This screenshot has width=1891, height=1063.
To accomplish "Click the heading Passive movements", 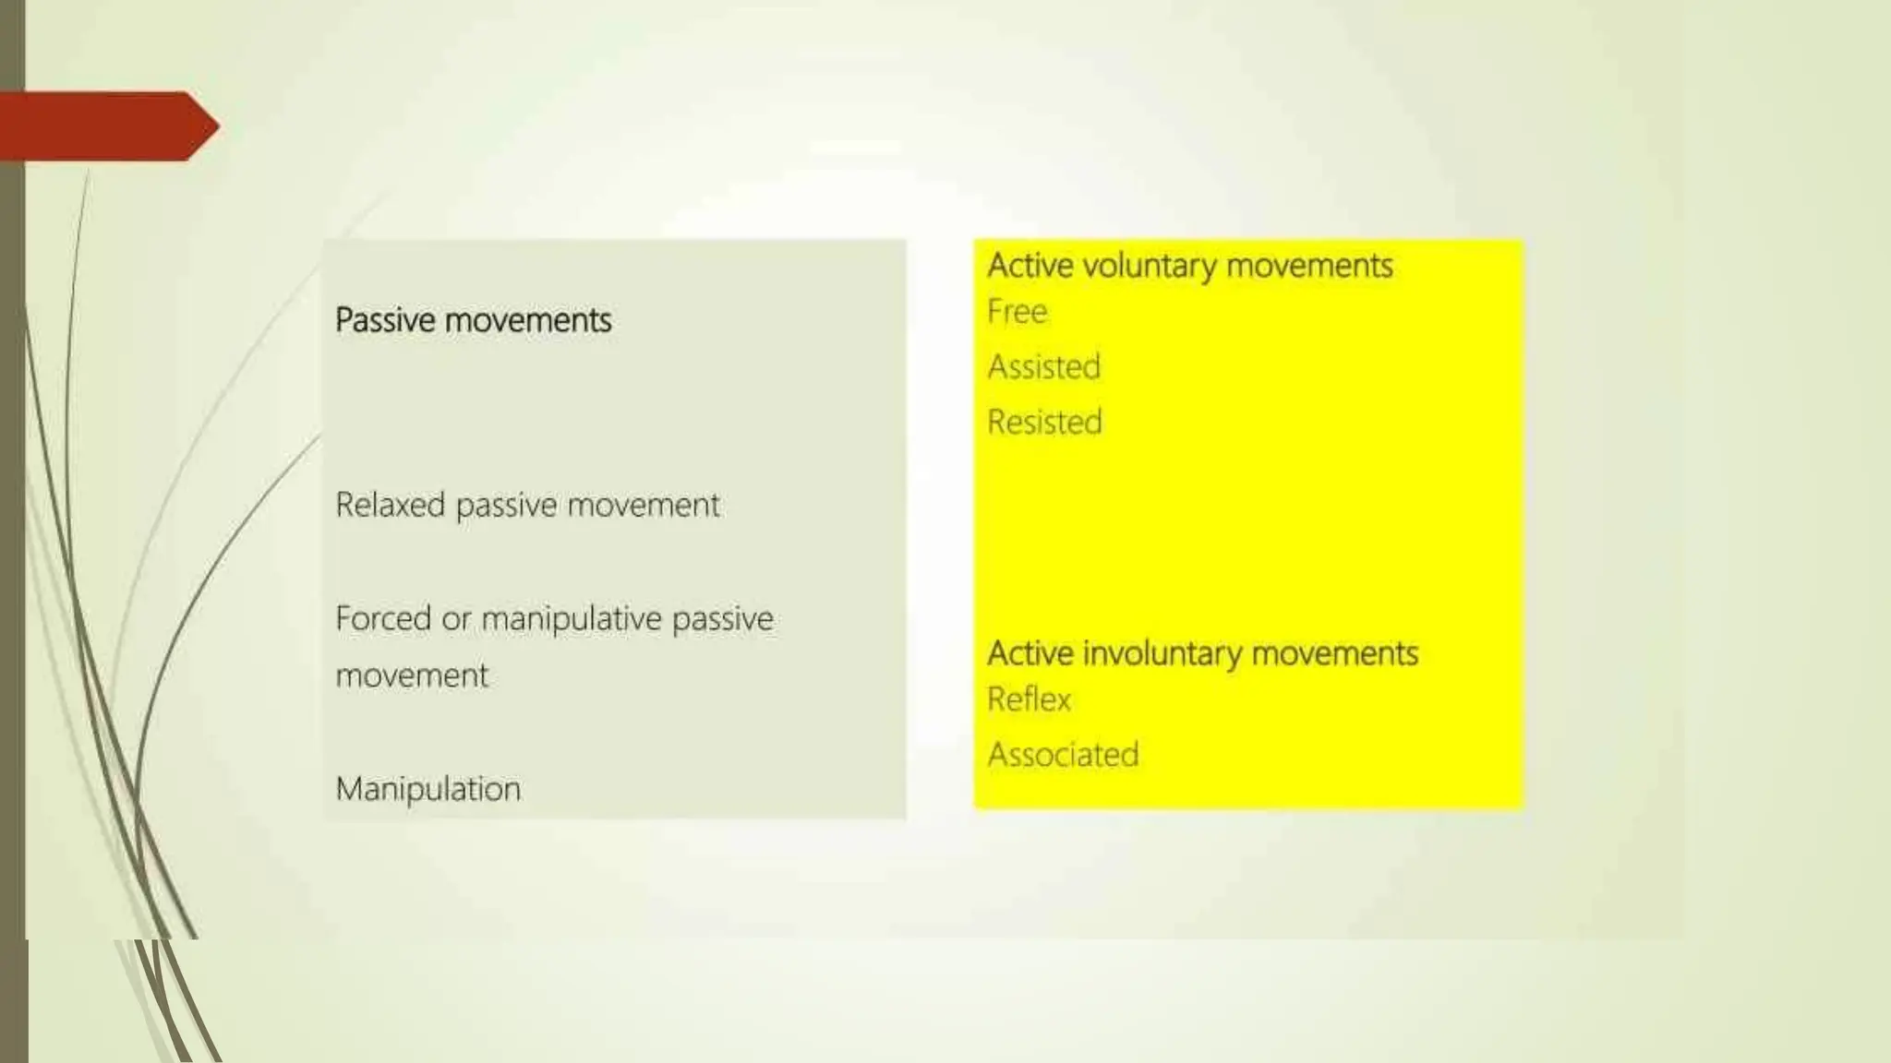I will pos(473,320).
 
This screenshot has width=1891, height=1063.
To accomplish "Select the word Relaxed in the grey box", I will pos(390,505).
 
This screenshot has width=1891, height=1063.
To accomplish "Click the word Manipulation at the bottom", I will pos(428,789).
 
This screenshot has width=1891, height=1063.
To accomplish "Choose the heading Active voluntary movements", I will pos(1189,266).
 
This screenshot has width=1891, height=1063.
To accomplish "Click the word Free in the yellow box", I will pos(1017,312).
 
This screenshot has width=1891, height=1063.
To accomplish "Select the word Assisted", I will pos(1043,367).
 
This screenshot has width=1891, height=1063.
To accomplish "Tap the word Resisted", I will pos(1044,423).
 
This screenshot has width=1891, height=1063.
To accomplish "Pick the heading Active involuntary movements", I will pos(1202,653).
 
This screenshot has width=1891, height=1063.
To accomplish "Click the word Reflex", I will pos(1029,699).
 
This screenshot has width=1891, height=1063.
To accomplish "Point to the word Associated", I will pos(1063,755).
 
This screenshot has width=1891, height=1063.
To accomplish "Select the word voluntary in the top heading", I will pos(1150,266).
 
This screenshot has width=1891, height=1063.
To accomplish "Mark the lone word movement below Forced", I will pos(412,675).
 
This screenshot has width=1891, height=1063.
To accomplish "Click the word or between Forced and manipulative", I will pos(456,619).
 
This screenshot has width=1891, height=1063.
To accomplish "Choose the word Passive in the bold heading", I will pos(385,320).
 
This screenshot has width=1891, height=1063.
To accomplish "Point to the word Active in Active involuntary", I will pos(1030,653).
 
